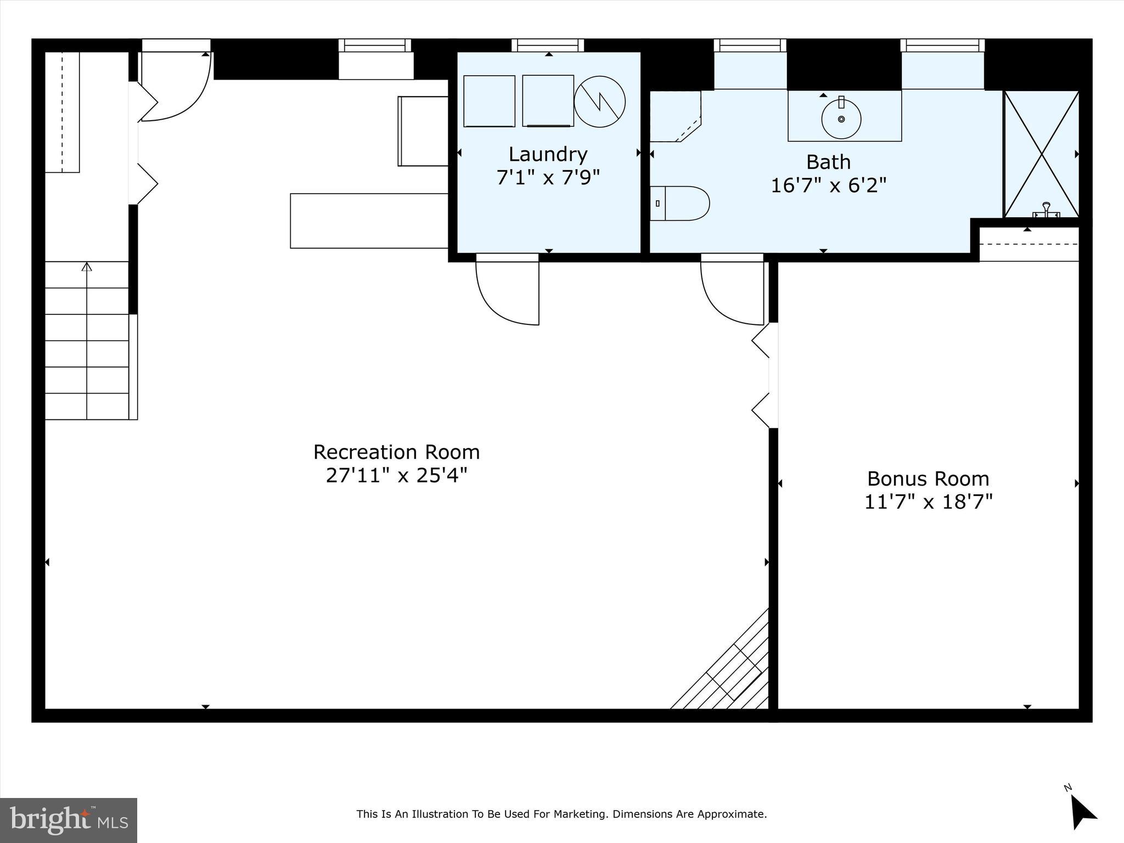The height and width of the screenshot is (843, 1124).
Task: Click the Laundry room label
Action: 548,154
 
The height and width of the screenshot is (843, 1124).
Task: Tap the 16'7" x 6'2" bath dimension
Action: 828,186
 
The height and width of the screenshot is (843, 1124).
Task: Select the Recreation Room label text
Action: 396,452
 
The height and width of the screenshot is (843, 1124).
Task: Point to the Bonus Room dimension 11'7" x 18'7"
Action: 928,502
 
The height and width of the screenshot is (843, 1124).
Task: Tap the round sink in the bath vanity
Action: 841,119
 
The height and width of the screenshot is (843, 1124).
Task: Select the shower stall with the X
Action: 1041,154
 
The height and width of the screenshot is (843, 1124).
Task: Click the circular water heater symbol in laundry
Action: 599,102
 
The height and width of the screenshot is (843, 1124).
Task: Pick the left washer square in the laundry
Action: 489,102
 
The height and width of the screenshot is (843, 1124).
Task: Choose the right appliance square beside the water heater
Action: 548,101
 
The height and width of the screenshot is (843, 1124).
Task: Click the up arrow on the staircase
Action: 87,267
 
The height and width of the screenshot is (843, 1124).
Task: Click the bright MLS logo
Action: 69,820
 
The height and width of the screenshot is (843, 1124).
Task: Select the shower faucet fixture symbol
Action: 1046,210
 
